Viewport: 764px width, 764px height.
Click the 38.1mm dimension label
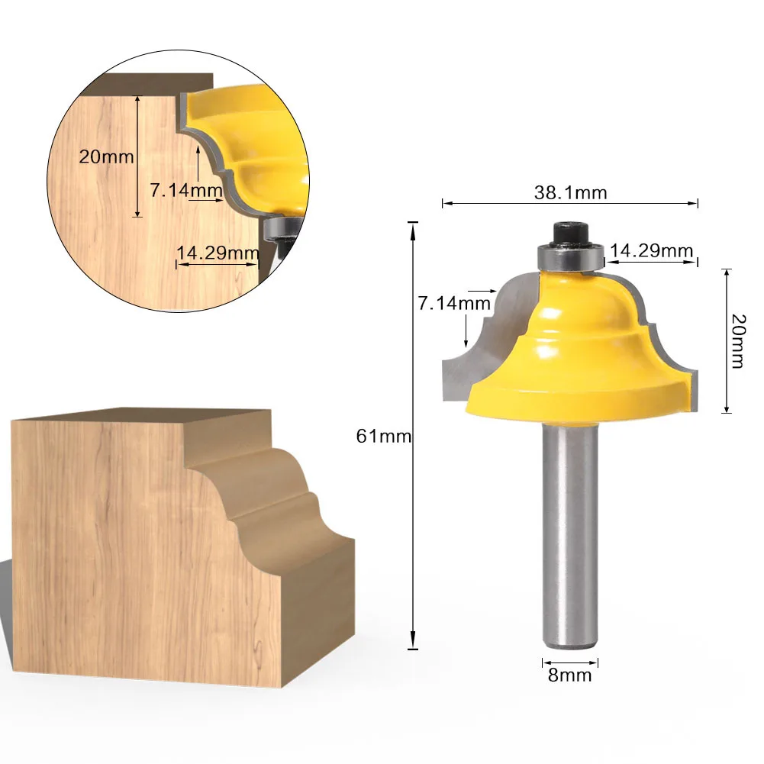pyautogui.click(x=571, y=193)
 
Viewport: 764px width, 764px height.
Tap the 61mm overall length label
pyautogui.click(x=383, y=436)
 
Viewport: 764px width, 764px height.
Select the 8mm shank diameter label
pyautogui.click(x=569, y=675)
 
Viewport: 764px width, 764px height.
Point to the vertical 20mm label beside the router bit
pyautogui.click(x=739, y=341)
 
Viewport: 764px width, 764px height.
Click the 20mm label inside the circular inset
pyautogui.click(x=106, y=157)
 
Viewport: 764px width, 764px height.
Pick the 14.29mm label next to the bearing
pyautogui.click(x=652, y=251)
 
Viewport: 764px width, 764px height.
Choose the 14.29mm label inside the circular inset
pyautogui.click(x=218, y=253)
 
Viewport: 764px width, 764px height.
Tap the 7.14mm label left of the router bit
pyautogui.click(x=454, y=303)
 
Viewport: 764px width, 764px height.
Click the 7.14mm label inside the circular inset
pyautogui.click(x=186, y=190)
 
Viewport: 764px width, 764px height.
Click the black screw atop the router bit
pyautogui.click(x=571, y=234)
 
